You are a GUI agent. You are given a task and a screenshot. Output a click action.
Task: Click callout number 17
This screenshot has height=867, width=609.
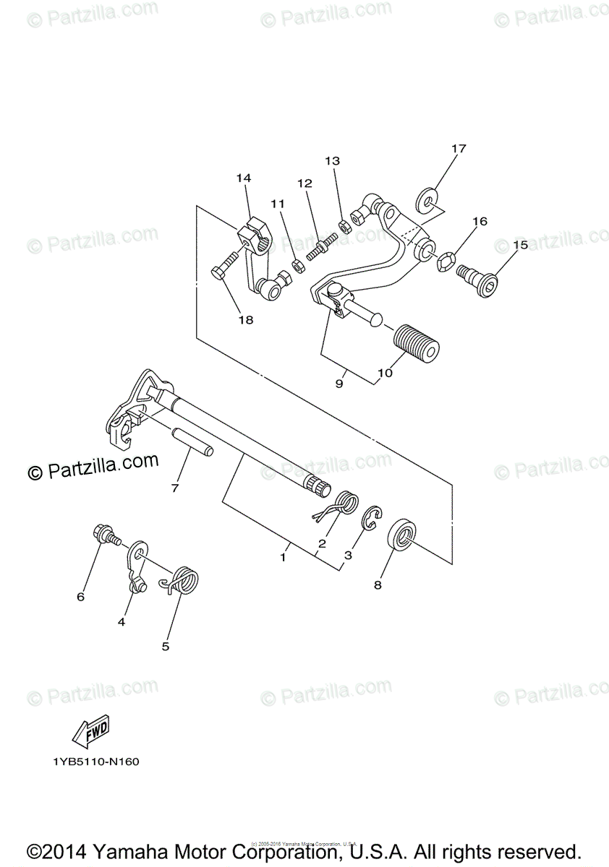coord(459,149)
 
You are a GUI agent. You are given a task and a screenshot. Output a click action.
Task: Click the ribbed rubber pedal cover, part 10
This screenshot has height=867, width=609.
coord(417,342)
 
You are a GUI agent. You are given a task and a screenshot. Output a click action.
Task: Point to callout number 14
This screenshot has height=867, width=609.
coord(242,178)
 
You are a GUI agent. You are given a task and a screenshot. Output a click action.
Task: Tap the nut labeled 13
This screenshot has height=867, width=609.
coord(345,226)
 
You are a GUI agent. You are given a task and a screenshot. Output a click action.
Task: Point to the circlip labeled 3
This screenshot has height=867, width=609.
coord(370,519)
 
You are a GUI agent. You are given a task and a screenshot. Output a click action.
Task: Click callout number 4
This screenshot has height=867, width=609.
coord(122,621)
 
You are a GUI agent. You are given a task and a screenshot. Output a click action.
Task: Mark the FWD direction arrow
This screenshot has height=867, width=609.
coord(91,735)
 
